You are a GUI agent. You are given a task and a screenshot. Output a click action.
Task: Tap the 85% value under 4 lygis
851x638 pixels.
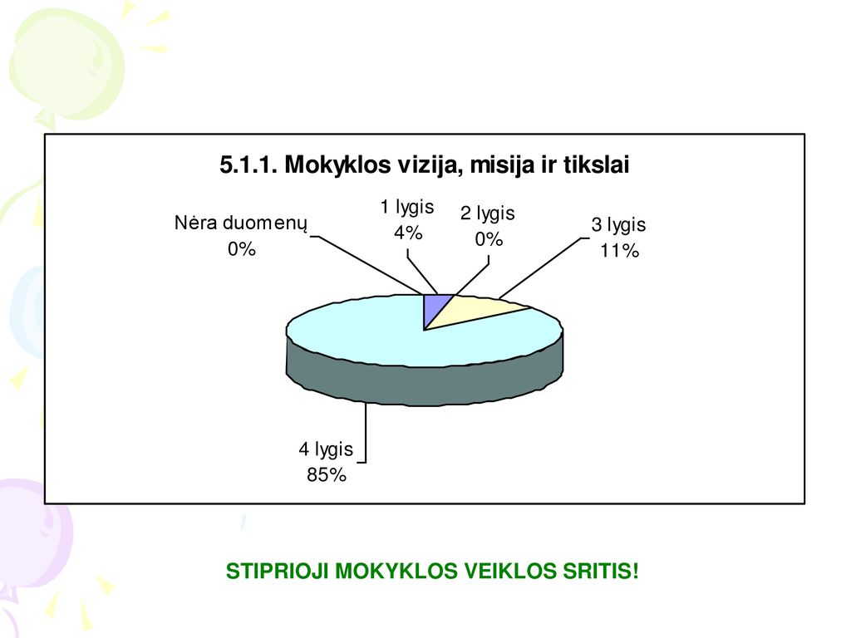point(326,474)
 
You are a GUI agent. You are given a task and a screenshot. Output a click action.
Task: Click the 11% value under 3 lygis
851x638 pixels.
point(619,250)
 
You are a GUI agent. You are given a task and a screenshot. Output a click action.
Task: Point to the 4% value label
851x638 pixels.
point(408,233)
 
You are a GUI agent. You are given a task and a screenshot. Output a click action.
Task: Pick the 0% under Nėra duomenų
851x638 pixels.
point(242,248)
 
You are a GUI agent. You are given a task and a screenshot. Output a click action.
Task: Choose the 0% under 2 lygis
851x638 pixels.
point(489,238)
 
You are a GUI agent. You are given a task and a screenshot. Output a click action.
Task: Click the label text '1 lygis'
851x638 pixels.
point(407,207)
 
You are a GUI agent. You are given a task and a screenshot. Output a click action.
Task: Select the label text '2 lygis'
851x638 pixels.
point(487,213)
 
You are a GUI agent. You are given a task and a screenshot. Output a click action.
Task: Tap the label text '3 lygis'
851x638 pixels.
point(618,224)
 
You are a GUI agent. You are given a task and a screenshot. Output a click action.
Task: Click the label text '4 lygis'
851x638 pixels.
point(326,449)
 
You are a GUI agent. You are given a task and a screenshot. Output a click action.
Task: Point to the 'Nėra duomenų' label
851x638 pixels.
point(241,223)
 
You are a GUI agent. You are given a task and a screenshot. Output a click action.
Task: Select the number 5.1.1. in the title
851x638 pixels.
point(248,164)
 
